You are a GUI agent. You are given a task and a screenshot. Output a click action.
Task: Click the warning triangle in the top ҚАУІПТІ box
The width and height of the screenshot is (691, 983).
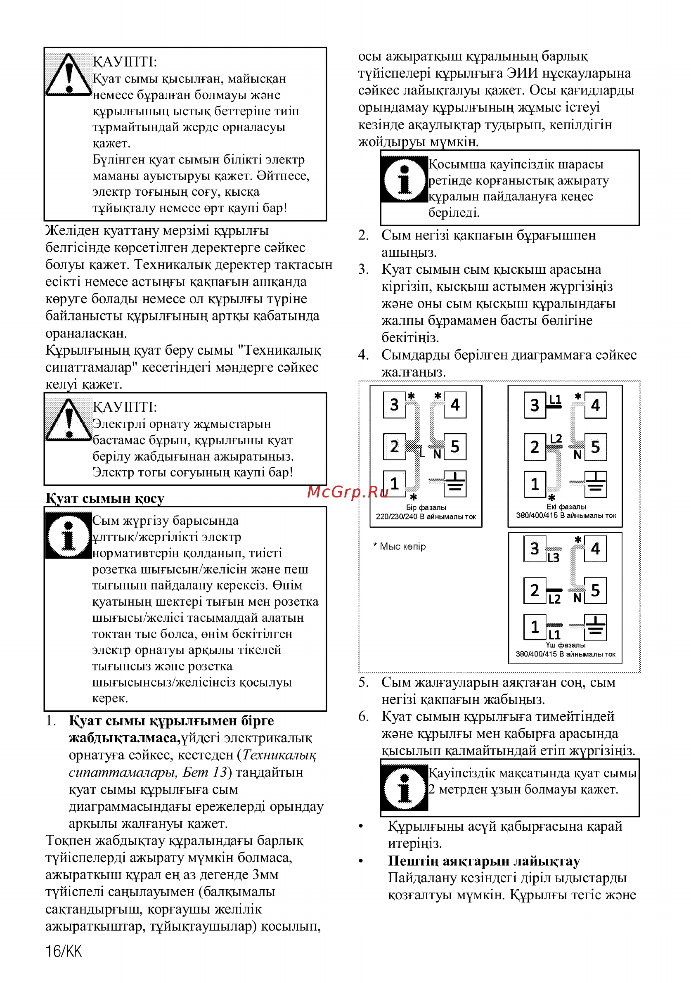point(69,74)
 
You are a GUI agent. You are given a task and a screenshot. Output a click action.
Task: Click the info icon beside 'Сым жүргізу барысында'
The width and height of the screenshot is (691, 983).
point(68,535)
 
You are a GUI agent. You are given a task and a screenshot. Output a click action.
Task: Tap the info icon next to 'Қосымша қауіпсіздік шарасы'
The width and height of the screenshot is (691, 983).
point(404,179)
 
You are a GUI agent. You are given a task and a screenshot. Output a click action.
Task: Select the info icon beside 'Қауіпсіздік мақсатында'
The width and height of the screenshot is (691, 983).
point(404,788)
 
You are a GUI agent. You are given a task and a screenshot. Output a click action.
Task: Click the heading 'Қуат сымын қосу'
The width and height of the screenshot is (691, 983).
point(105,498)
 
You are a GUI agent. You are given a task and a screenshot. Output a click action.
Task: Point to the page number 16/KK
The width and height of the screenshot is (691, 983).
point(64,951)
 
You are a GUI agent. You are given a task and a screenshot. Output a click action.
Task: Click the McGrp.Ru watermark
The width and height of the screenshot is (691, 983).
point(348,492)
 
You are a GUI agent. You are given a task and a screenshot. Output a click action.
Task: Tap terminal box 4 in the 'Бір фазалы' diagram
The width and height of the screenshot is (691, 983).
point(454,405)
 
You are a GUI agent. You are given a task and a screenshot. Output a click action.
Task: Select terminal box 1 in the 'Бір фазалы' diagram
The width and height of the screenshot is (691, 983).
point(394,483)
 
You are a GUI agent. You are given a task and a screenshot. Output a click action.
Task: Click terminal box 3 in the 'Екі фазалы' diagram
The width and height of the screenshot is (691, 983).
point(534,405)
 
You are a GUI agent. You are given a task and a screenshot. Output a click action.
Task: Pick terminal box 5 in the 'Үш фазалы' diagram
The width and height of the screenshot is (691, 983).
point(595,591)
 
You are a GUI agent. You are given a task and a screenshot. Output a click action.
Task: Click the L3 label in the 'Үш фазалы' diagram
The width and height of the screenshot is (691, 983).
point(553,558)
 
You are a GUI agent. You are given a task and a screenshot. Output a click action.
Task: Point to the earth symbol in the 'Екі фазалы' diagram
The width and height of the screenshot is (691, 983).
point(595,484)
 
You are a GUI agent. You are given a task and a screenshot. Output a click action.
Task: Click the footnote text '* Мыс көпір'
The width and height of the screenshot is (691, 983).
point(400,546)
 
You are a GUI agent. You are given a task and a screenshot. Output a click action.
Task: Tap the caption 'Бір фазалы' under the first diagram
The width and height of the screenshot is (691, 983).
point(426,507)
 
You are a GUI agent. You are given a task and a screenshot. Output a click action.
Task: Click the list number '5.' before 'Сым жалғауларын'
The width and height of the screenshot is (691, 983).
point(364,682)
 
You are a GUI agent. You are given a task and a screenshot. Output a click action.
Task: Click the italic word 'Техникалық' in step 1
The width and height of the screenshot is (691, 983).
point(279,755)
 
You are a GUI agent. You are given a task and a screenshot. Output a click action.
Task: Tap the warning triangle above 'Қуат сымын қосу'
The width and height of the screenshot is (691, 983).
point(69,420)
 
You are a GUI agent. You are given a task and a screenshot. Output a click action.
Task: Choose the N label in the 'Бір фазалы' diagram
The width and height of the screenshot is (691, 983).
point(437,454)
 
